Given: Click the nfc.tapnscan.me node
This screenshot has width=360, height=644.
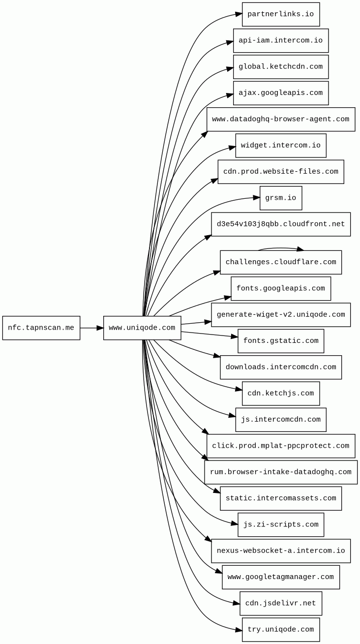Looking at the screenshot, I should pos(41,328).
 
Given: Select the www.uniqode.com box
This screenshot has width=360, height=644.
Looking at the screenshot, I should pos(142,328).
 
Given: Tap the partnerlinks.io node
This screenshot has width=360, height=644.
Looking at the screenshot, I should pos(281,14).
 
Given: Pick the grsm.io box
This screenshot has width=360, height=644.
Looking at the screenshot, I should pos(281,198).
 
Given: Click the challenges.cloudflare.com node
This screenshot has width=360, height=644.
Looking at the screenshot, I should pos(281,262).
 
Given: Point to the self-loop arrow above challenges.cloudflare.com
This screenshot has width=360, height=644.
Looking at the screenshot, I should pos(280,248).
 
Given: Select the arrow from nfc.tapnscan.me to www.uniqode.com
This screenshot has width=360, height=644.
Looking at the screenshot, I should pos(91,328).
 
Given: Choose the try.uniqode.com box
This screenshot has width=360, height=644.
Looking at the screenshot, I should pos(281,630).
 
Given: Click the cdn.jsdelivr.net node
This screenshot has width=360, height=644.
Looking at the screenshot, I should pos(281,604).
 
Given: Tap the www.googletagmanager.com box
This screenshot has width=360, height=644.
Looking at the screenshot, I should pos(281,577).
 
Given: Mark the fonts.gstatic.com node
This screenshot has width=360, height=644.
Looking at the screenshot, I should pos(281,341).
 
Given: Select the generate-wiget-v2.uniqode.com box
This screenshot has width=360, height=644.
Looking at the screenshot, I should pos(281,315).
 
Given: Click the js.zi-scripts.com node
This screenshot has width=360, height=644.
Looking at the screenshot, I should pos(281,525).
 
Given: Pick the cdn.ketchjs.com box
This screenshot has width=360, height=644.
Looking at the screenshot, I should pos(281,394).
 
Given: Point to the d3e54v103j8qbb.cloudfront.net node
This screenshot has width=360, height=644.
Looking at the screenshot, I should pos(281,224).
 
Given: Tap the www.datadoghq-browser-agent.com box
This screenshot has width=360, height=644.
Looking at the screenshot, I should pos(281,120).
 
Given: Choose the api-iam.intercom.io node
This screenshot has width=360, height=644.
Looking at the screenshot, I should pos(281,41).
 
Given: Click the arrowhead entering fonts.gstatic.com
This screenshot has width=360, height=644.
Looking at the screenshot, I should pos(235,337).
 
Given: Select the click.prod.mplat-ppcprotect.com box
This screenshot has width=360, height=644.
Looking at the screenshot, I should pos(281,446).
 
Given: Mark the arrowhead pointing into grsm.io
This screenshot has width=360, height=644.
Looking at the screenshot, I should pos(256,198).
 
